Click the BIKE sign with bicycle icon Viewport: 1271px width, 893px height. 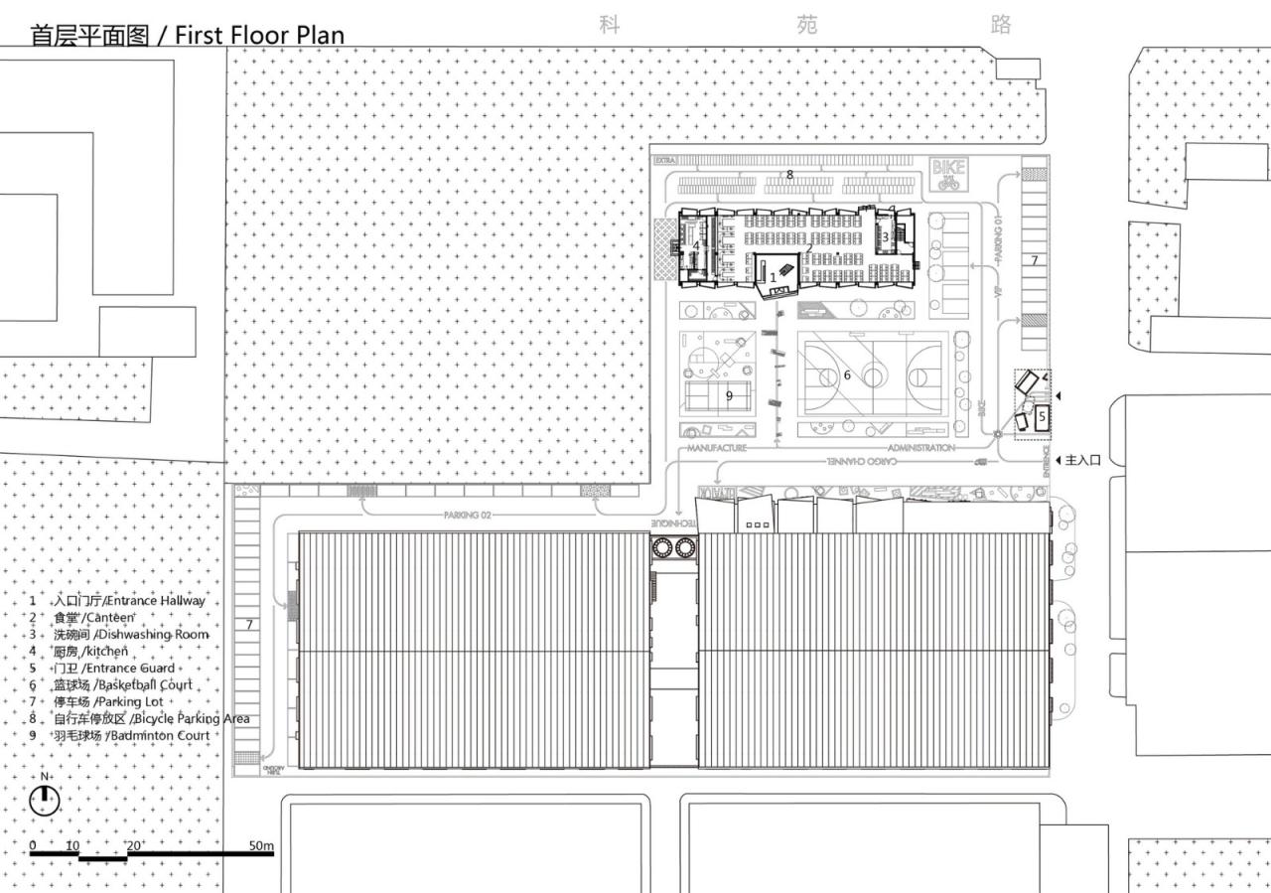point(947,175)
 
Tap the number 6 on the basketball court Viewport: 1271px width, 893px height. point(847,375)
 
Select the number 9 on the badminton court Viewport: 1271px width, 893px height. point(729,395)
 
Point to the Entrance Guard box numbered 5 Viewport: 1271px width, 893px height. point(1042,418)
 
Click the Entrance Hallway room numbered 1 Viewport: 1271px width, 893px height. point(774,278)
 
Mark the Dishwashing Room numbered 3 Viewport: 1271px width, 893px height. point(885,236)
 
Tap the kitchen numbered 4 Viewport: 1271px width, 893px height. point(697,245)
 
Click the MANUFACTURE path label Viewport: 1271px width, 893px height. point(717,449)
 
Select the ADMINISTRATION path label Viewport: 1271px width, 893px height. point(920,448)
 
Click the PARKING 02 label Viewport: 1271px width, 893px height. point(468,516)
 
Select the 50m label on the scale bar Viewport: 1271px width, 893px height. point(261,845)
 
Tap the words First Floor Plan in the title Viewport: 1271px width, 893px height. point(259,36)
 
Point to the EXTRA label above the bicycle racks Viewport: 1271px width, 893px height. point(664,160)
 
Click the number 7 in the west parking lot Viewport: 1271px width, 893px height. point(249,625)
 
